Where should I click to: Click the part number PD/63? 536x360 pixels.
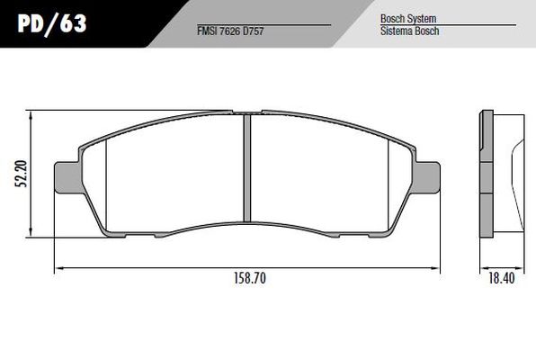[x=52, y=22]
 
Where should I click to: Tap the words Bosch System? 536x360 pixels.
[x=404, y=17]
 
